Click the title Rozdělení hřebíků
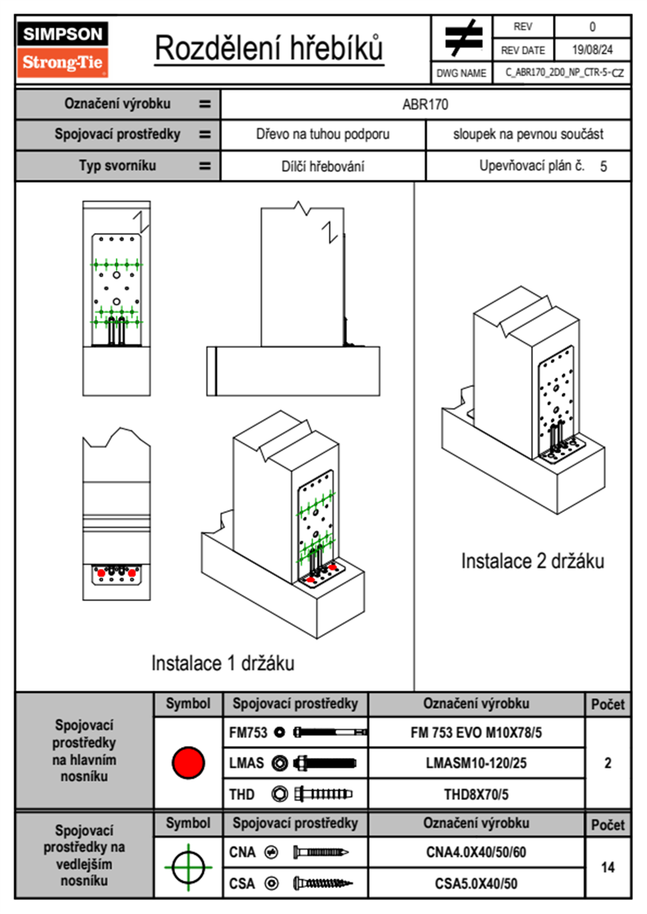269,48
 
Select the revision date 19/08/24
592,50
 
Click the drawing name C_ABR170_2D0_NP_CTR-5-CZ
564,72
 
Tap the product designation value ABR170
425,104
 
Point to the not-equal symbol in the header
463,38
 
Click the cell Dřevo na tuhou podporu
323,134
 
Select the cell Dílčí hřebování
323,166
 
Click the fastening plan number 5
604,166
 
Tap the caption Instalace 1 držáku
223,663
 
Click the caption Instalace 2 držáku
532,561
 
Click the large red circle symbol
188,762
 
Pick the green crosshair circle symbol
188,867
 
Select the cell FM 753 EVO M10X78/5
476,733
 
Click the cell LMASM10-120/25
476,763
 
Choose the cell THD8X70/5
476,794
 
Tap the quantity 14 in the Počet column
608,867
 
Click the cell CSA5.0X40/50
476,884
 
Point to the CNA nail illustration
321,852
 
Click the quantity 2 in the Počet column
608,763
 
